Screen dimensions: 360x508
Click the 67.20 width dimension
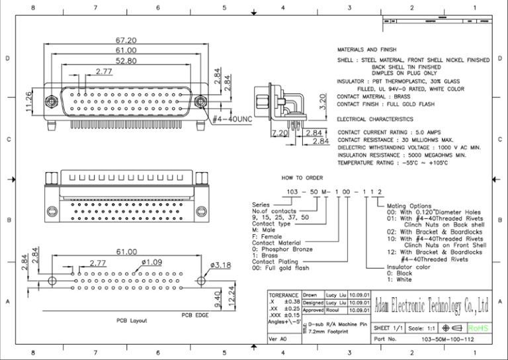(126, 40)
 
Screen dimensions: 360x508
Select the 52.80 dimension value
(126, 60)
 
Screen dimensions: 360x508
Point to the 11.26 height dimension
(29, 101)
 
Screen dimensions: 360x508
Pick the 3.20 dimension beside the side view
(322, 102)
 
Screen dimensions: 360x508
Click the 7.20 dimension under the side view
(280, 133)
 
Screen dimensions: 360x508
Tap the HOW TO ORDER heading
(302, 178)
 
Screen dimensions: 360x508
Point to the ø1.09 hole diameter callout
(152, 263)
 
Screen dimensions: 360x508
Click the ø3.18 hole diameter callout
(220, 266)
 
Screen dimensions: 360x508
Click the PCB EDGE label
(195, 316)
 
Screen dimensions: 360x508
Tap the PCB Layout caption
(131, 320)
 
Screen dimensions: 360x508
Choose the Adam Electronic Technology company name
(431, 306)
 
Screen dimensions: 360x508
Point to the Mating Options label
(409, 206)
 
